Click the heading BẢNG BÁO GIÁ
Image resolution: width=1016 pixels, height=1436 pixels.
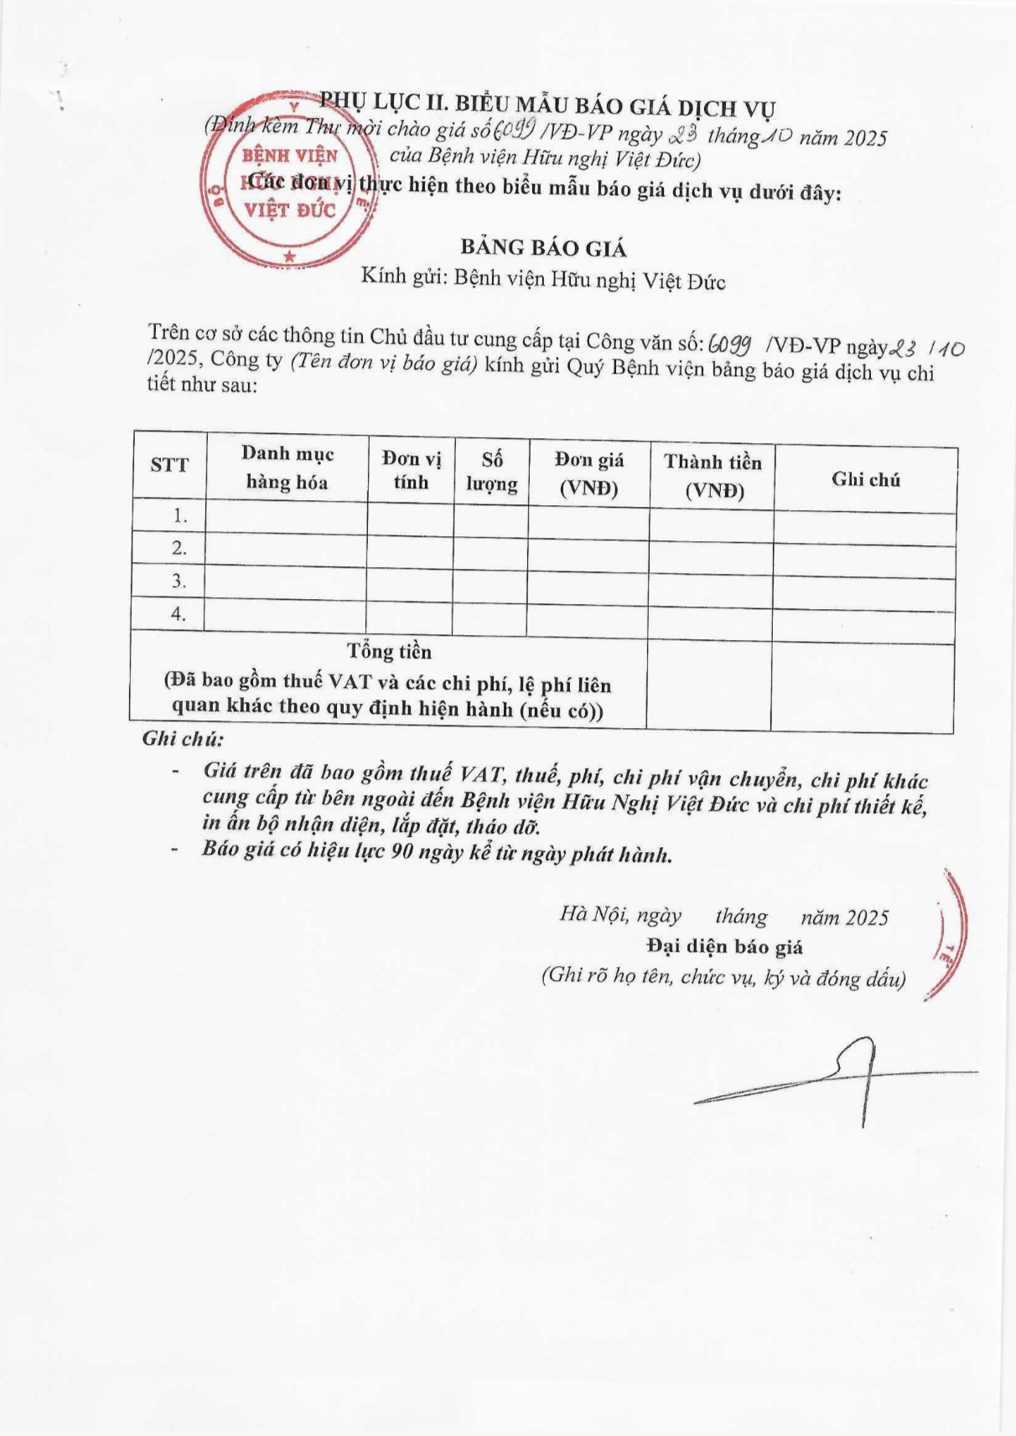[543, 248]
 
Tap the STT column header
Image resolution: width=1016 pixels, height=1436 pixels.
[169, 465]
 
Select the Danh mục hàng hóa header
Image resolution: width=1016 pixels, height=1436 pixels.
[288, 467]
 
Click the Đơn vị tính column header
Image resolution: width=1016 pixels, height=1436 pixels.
[411, 470]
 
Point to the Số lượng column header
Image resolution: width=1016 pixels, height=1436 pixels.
[492, 472]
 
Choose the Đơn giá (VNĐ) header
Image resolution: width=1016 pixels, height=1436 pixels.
[589, 473]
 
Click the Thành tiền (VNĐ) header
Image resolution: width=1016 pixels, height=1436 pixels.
[713, 476]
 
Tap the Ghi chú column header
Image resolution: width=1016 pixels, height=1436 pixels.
[866, 479]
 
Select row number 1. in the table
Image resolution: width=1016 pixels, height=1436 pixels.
[179, 516]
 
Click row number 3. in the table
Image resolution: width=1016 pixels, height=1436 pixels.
[179, 581]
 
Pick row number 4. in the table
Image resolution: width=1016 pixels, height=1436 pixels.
[178, 614]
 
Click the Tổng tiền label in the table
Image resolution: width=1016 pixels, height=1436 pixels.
[390, 652]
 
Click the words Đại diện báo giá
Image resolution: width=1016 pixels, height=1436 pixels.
[724, 947]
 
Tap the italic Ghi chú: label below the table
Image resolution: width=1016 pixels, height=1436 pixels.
[183, 738]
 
